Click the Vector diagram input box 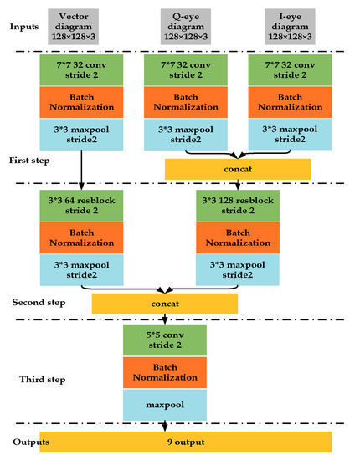80,26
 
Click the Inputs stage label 26,27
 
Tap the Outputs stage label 28,441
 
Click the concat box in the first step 238,169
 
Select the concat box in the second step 164,303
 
